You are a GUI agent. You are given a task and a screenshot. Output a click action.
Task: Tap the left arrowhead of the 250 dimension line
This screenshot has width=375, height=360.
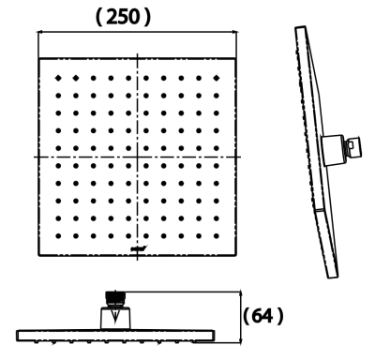click(x=40, y=32)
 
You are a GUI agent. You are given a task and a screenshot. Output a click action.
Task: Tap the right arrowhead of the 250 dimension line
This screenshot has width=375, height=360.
click(x=236, y=32)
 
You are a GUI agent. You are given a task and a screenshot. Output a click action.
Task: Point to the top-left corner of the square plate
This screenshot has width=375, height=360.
click(x=38, y=58)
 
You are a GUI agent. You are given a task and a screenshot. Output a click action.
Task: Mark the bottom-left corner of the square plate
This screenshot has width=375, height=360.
click(x=38, y=254)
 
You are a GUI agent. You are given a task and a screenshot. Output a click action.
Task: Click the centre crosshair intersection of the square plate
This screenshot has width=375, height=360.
click(x=138, y=156)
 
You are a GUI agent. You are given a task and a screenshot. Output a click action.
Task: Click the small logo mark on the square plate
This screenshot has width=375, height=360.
click(x=138, y=247)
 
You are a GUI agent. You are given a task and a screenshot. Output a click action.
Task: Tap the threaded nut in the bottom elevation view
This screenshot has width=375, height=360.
click(x=116, y=298)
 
